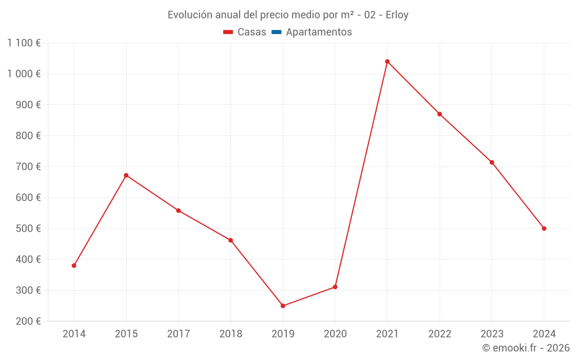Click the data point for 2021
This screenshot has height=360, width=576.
click(x=387, y=62)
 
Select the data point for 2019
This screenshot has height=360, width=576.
click(x=283, y=306)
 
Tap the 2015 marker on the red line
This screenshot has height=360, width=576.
click(x=126, y=175)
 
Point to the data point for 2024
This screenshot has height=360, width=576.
click(x=544, y=229)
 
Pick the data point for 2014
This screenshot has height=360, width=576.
click(x=74, y=266)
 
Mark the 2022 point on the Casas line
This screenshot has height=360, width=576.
click(x=439, y=114)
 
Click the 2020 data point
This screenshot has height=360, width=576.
click(x=335, y=287)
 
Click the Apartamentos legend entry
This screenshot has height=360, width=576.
click(x=319, y=32)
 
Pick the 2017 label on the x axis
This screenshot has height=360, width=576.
click(x=178, y=334)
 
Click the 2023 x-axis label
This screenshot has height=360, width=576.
click(x=491, y=334)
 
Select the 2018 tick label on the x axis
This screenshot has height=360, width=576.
click(x=230, y=334)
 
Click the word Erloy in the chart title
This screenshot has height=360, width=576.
click(x=397, y=15)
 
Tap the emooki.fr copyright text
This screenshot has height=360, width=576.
click(x=526, y=348)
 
